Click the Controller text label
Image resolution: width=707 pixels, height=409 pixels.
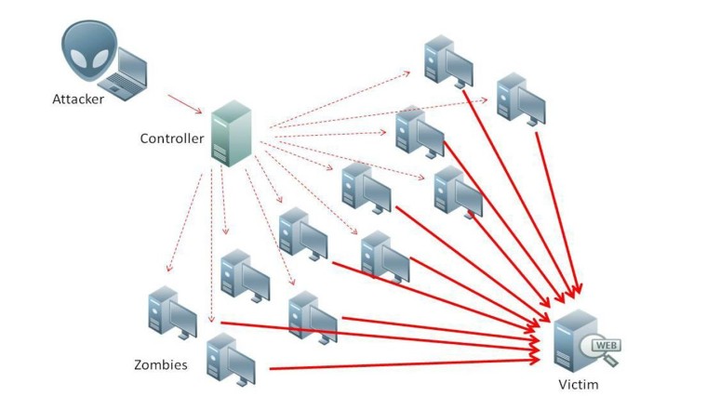(x=171, y=139)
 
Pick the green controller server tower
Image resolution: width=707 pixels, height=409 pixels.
(x=232, y=134)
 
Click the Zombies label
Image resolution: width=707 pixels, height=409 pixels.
(x=160, y=365)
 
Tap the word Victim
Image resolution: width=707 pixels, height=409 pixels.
(x=579, y=384)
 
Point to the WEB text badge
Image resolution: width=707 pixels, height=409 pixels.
(x=606, y=346)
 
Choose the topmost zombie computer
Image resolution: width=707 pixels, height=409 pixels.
(x=447, y=61)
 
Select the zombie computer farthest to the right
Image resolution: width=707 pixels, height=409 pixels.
(x=521, y=99)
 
